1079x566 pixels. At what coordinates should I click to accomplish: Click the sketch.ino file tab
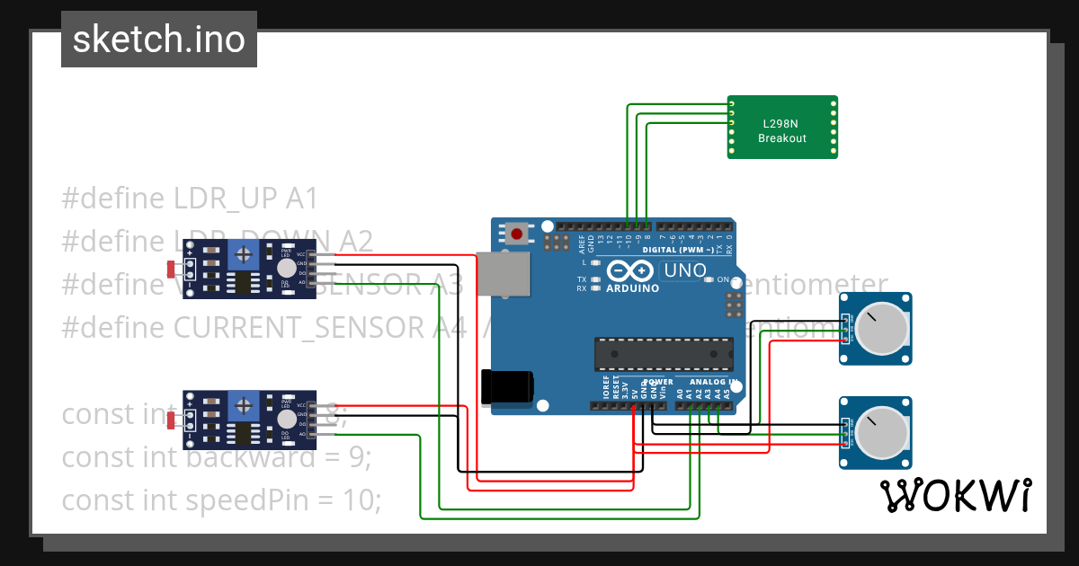(158, 40)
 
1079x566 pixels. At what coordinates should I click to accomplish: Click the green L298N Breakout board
(782, 127)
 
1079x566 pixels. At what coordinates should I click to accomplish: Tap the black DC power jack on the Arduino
(506, 386)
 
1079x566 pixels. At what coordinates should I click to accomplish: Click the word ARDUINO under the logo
(632, 288)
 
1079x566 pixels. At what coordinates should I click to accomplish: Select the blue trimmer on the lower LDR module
(243, 404)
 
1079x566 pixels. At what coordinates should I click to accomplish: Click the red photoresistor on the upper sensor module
(171, 268)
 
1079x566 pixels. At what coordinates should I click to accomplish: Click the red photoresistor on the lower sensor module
(171, 419)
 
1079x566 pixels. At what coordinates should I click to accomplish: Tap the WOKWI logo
(954, 495)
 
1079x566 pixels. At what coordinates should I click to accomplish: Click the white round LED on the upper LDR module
(286, 268)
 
